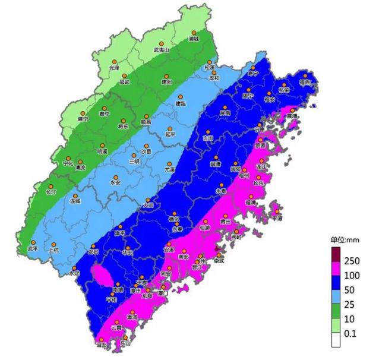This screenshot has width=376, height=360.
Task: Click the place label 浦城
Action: (193, 39)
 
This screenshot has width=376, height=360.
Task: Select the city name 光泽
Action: (113, 68)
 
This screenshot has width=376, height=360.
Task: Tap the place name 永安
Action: (116, 183)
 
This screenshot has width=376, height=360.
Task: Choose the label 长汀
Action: (50, 192)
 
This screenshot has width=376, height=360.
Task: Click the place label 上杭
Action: (53, 251)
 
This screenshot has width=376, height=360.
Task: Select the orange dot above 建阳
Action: (166, 75)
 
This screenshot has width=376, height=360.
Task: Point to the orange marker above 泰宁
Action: (105, 106)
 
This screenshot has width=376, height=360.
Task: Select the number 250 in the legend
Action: (353, 261)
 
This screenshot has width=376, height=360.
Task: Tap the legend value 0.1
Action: (351, 334)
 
